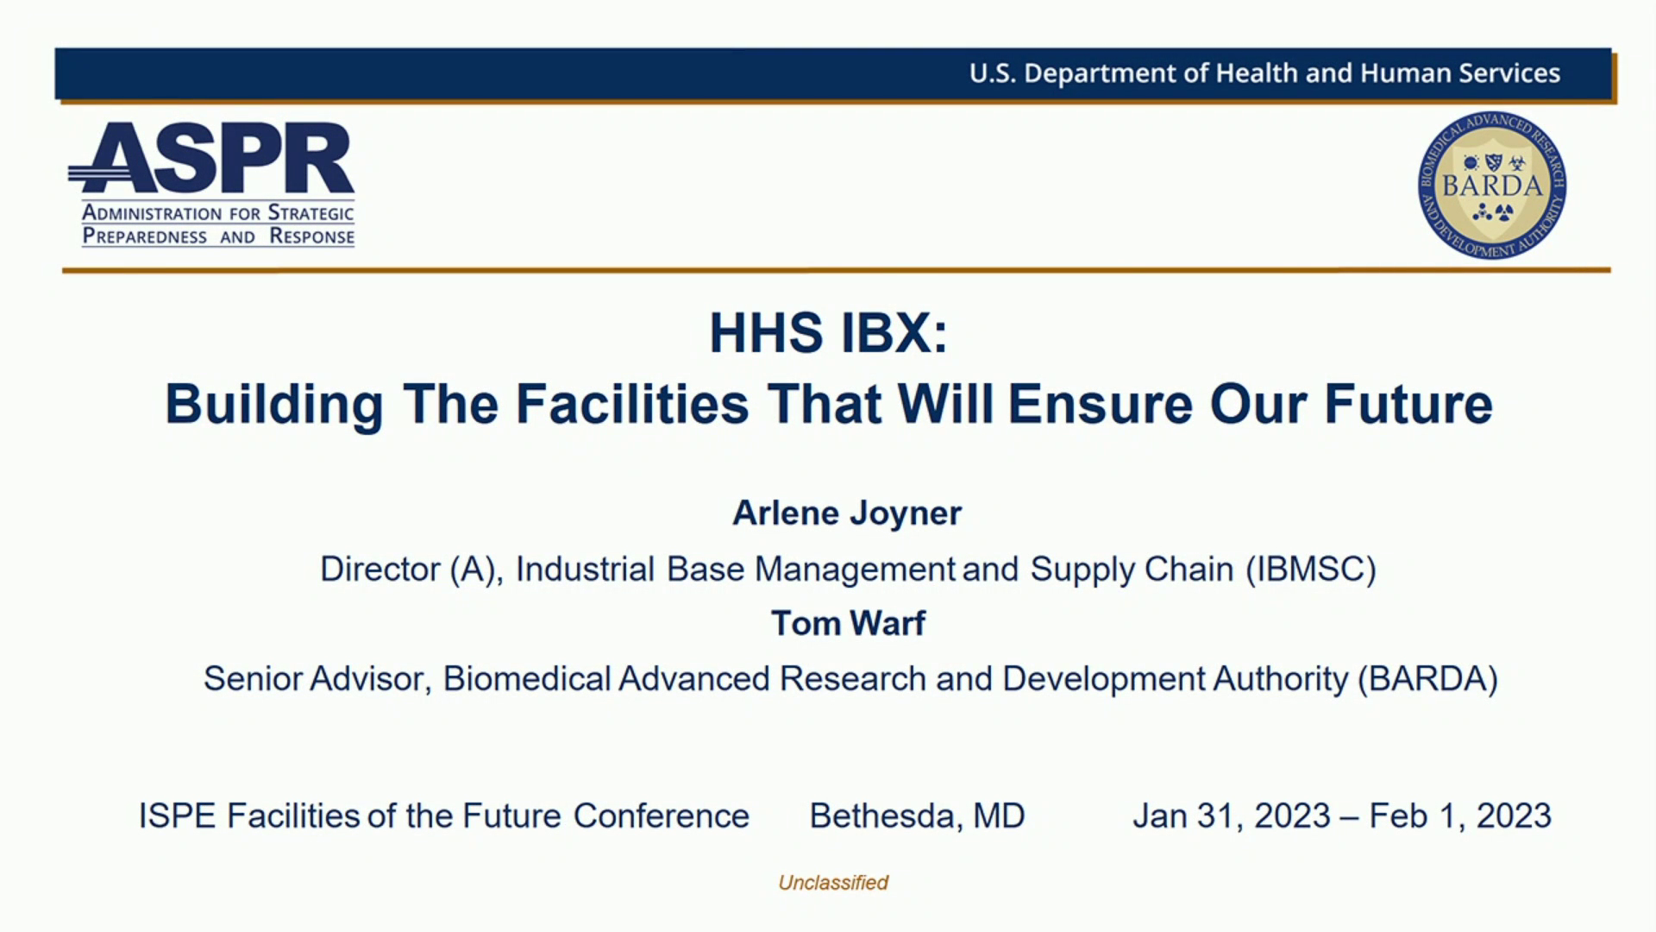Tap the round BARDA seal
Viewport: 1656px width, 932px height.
point(1492,186)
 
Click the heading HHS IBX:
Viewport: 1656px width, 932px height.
point(828,333)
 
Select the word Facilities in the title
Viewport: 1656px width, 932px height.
point(632,404)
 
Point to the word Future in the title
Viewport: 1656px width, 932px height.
point(1408,404)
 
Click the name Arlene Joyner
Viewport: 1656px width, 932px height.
point(846,513)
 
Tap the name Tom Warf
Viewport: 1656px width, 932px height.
point(848,623)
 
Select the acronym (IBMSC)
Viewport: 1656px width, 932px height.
point(1310,570)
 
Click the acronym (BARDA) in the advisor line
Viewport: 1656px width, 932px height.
point(1427,679)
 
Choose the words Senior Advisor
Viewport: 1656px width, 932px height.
point(316,679)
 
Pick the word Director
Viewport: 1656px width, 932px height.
point(380,570)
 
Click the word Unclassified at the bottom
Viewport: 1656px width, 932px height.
point(833,883)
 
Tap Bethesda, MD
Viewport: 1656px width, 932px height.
point(917,816)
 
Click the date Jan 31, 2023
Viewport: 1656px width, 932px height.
point(1232,816)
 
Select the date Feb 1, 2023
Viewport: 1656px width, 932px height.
point(1460,816)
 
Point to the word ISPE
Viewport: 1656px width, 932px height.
point(177,816)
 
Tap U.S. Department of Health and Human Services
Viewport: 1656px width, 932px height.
point(1264,73)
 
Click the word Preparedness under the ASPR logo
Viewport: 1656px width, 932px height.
point(145,237)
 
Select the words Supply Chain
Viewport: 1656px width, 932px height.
point(1132,570)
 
